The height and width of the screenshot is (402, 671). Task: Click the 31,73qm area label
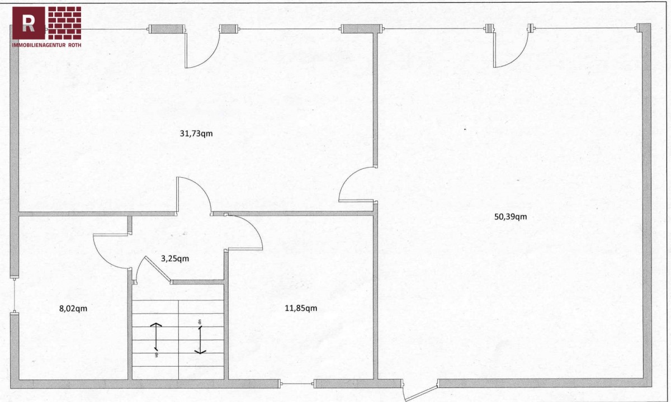point(196,134)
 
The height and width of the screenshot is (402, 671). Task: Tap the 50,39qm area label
point(511,216)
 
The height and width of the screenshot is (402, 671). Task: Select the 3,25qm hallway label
point(175,258)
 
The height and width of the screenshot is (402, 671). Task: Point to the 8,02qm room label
point(73,308)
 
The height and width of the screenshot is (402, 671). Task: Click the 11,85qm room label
point(301,308)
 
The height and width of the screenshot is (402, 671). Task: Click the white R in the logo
point(29,23)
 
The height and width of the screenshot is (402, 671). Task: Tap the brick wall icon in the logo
point(65,23)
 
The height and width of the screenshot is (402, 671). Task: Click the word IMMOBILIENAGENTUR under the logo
point(39,45)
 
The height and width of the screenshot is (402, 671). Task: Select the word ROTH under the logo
point(75,45)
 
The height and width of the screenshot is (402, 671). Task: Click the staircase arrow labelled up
point(156,337)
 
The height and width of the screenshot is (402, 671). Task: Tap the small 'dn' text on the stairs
point(200,322)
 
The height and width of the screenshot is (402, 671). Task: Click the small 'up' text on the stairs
point(157,354)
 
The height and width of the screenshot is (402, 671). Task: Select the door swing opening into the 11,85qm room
point(253,226)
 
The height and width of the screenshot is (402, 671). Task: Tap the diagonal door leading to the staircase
point(158,269)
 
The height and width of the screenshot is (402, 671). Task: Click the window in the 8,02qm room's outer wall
point(14,296)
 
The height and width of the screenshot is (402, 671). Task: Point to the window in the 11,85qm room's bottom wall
point(297,384)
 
